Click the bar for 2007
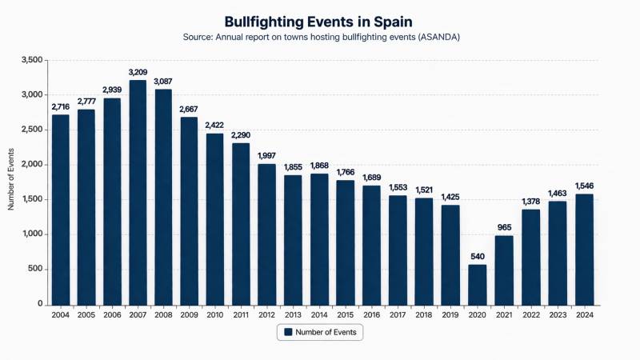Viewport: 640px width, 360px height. pyautogui.click(x=138, y=192)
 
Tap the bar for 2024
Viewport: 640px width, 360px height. pyautogui.click(x=585, y=249)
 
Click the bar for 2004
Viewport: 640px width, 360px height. pyautogui.click(x=61, y=209)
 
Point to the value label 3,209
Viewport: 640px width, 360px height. pyautogui.click(x=138, y=73)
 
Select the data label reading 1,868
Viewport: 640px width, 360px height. pyautogui.click(x=319, y=166)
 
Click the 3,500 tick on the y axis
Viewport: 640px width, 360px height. pyautogui.click(x=33, y=60)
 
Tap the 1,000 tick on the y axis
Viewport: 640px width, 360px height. pyautogui.click(x=33, y=234)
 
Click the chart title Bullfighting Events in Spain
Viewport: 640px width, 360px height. pyautogui.click(x=320, y=21)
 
